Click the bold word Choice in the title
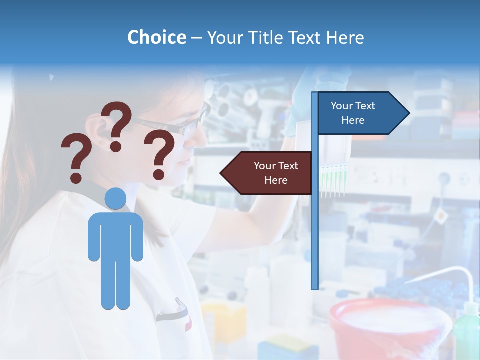pyautogui.click(x=156, y=37)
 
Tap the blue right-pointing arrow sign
pyautogui.click(x=360, y=113)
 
